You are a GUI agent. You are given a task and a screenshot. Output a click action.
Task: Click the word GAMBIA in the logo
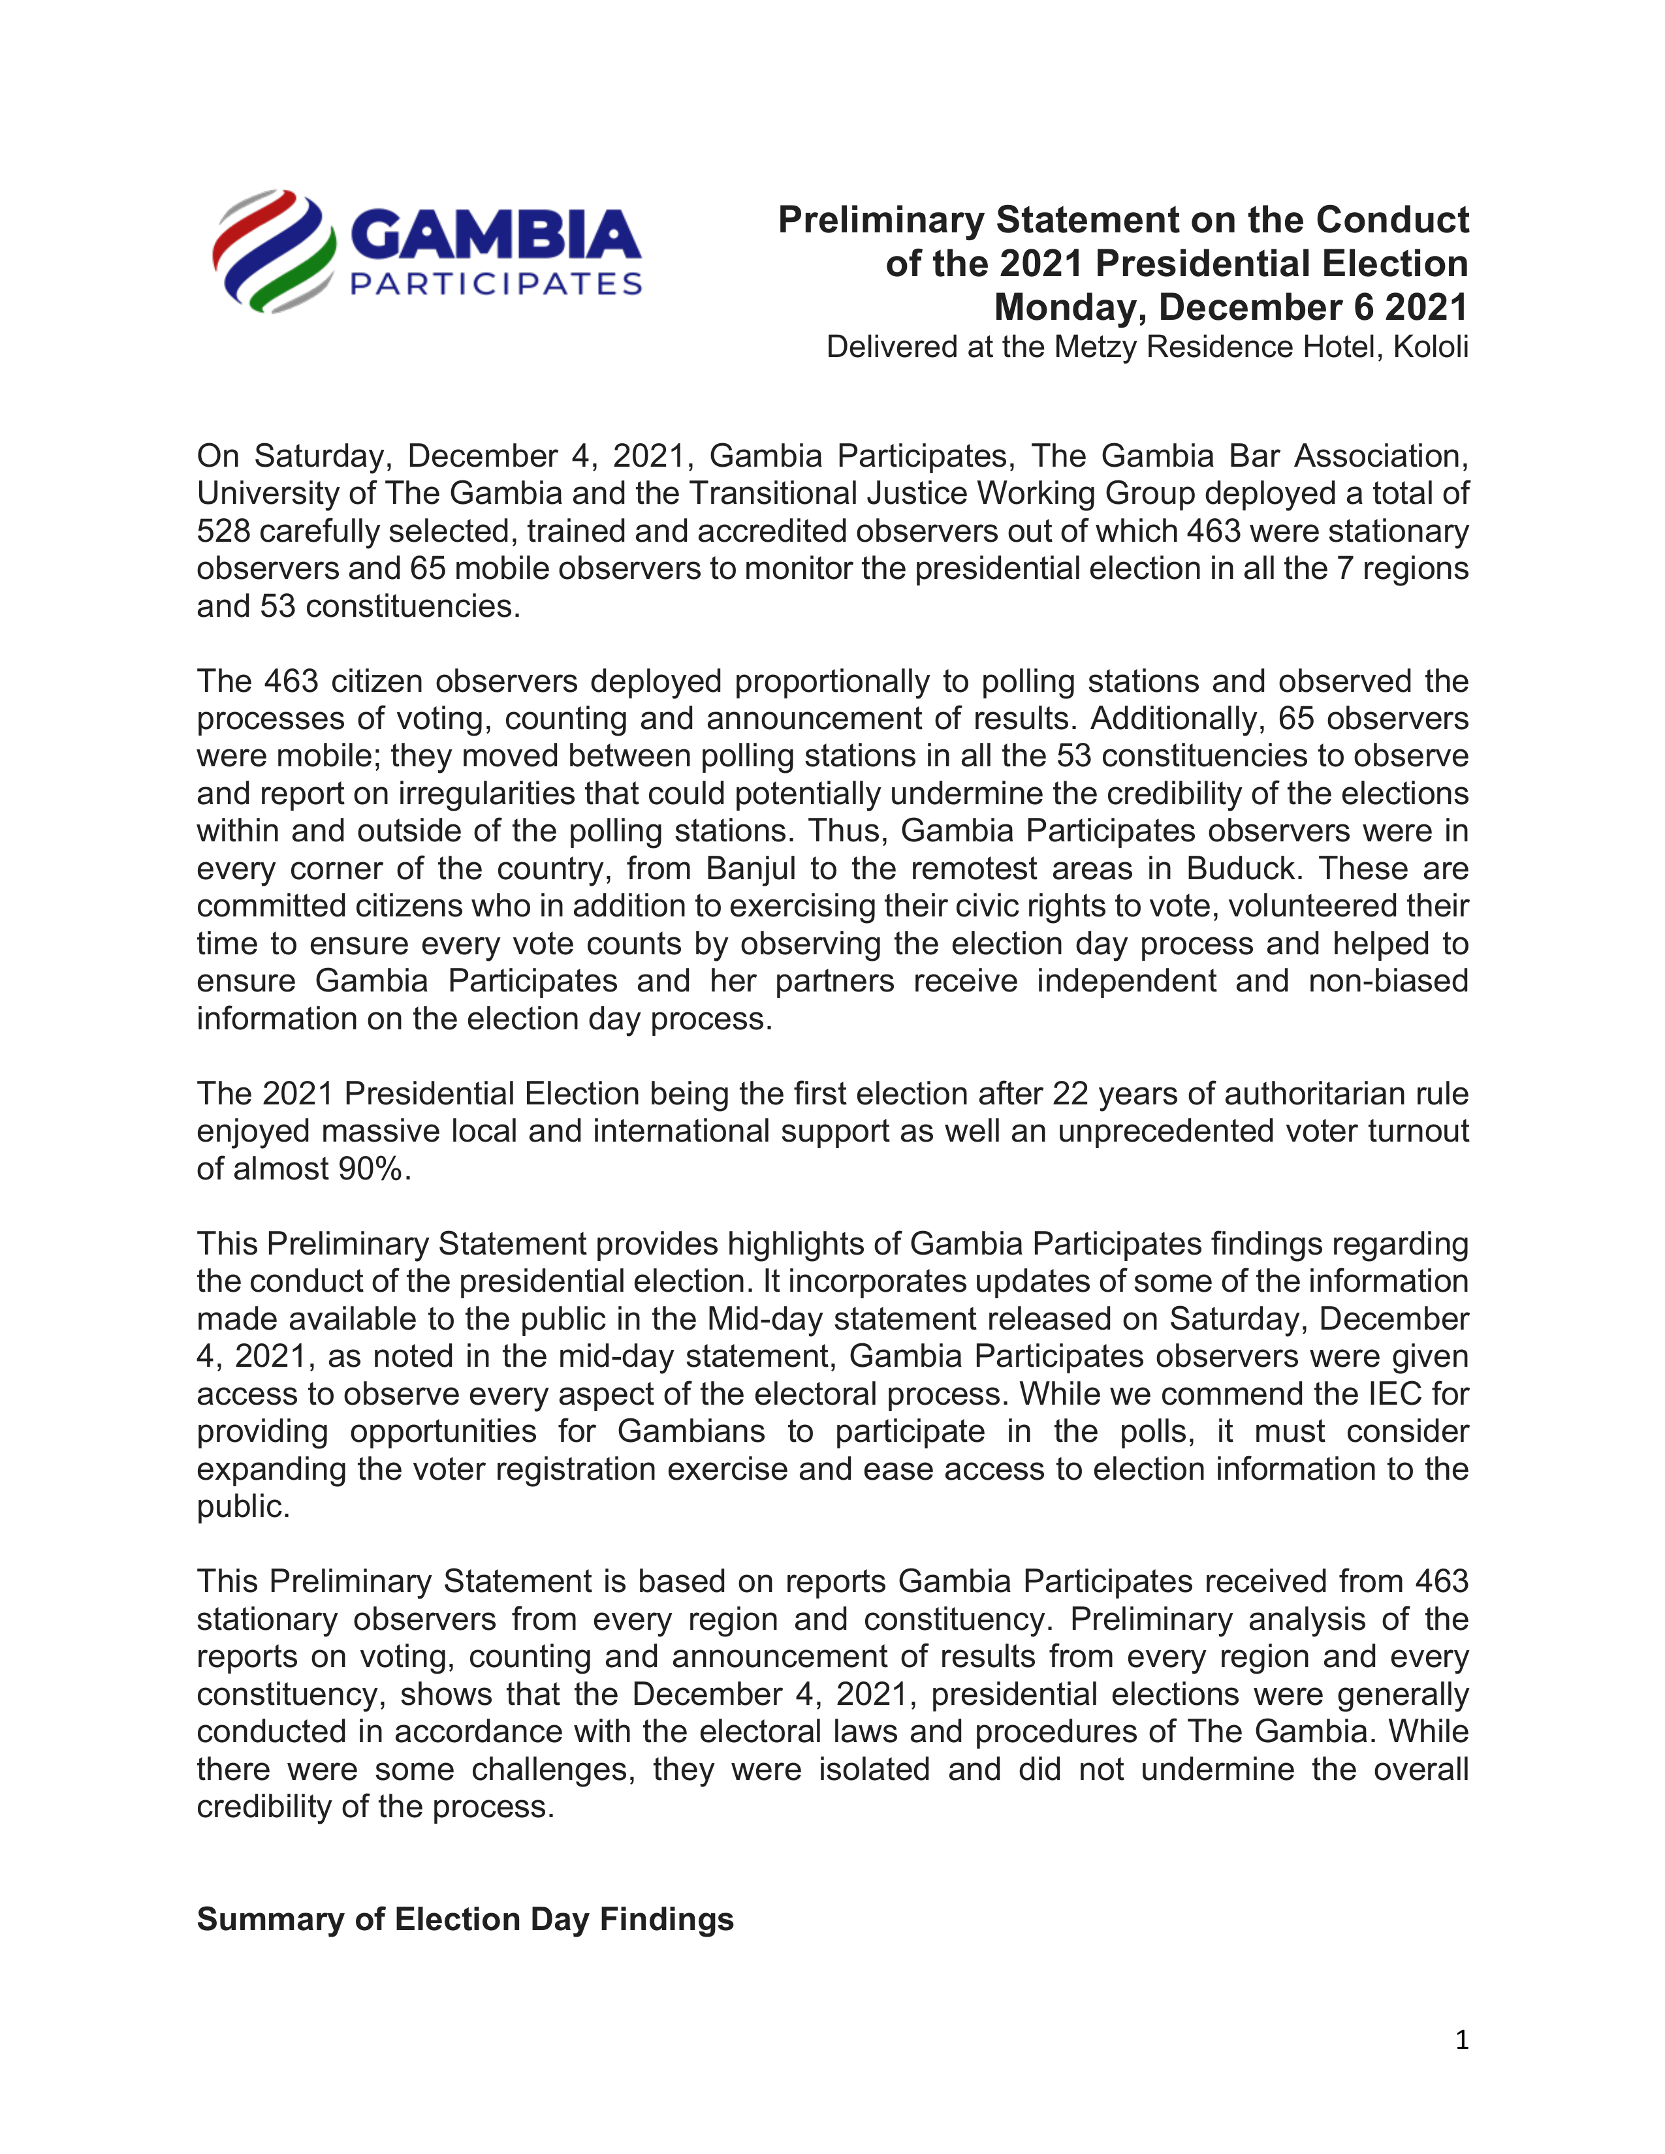[x=495, y=236]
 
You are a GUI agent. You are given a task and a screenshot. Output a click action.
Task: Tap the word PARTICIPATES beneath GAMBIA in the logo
[x=496, y=285]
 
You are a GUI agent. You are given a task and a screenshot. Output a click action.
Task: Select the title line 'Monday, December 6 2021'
[x=1230, y=307]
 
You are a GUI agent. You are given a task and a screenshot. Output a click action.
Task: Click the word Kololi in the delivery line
[x=1430, y=347]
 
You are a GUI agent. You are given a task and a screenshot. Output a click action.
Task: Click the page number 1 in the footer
[x=1461, y=2040]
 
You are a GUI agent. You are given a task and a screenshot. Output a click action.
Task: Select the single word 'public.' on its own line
[x=243, y=1506]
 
